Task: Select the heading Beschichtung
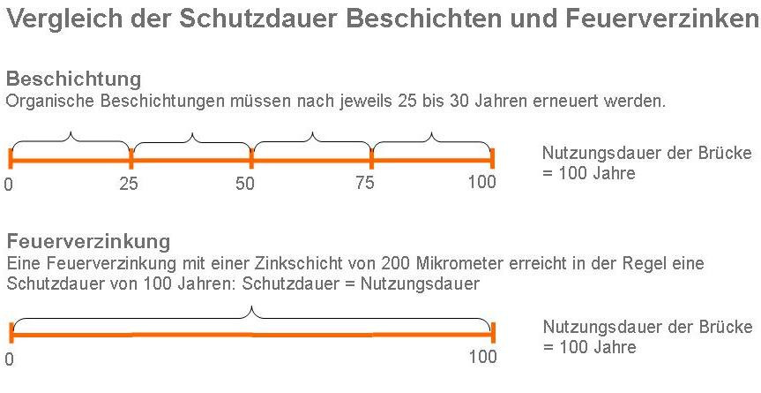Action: click(72, 79)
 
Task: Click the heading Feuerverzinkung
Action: click(88, 241)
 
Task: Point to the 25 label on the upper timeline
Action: click(130, 184)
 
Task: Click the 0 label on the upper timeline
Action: click(9, 185)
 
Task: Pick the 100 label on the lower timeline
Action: click(482, 358)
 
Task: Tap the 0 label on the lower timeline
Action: click(9, 359)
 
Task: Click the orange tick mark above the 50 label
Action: click(251, 160)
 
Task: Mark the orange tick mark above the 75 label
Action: click(371, 160)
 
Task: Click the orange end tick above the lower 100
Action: click(492, 333)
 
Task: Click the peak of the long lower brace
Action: click(251, 308)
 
